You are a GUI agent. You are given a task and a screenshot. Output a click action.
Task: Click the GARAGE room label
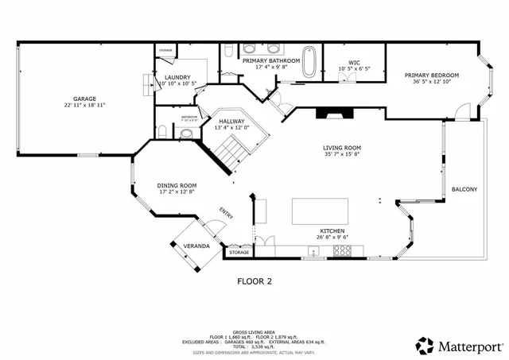tap(84, 98)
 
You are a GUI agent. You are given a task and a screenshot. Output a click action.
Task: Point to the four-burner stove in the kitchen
tap(343, 250)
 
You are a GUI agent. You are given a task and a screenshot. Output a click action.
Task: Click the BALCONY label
tap(464, 189)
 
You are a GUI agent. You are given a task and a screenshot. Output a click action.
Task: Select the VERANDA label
tap(196, 246)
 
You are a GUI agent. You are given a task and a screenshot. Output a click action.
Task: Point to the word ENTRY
tap(227, 214)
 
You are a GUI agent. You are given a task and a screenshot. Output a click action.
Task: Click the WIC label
tap(355, 61)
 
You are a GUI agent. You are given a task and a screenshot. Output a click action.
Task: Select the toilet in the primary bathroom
tap(228, 54)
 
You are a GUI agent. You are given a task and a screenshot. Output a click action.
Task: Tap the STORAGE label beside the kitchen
tap(239, 252)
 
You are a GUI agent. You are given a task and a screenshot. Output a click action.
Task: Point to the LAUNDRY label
tap(177, 77)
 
